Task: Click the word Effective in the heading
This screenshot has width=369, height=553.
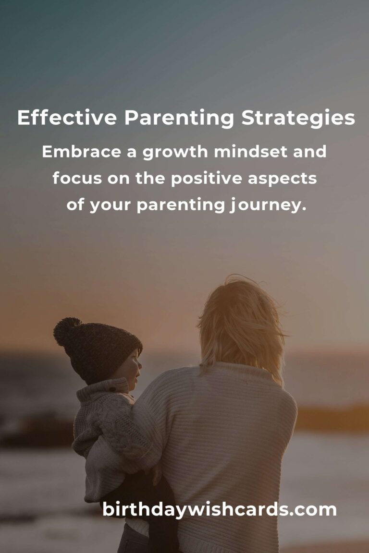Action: [x=67, y=118]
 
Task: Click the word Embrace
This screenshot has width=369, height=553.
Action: [x=82, y=152]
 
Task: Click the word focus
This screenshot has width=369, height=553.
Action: [x=77, y=178]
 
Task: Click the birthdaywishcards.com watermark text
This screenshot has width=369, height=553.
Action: [x=219, y=510]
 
